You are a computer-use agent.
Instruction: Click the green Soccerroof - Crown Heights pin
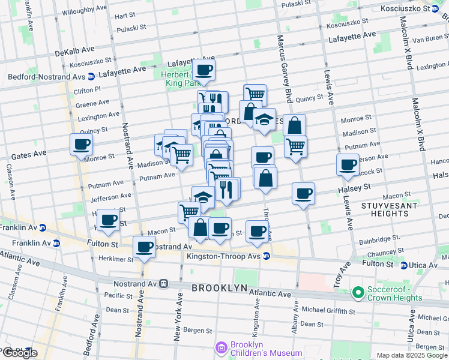click(x=358, y=293)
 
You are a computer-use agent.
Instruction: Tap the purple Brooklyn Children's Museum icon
click(x=221, y=347)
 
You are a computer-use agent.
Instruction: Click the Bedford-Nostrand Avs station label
click(x=45, y=77)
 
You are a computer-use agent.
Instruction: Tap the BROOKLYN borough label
click(x=219, y=288)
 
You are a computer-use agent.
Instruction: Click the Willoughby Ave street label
click(x=87, y=11)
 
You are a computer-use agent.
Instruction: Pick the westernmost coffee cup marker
click(x=81, y=143)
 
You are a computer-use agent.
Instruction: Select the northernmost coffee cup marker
click(x=204, y=70)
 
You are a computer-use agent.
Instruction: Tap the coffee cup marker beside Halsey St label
click(x=304, y=193)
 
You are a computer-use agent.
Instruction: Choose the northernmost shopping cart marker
click(x=255, y=94)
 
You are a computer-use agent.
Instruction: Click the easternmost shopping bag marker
click(x=294, y=125)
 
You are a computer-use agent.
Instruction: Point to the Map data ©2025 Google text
click(x=412, y=355)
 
